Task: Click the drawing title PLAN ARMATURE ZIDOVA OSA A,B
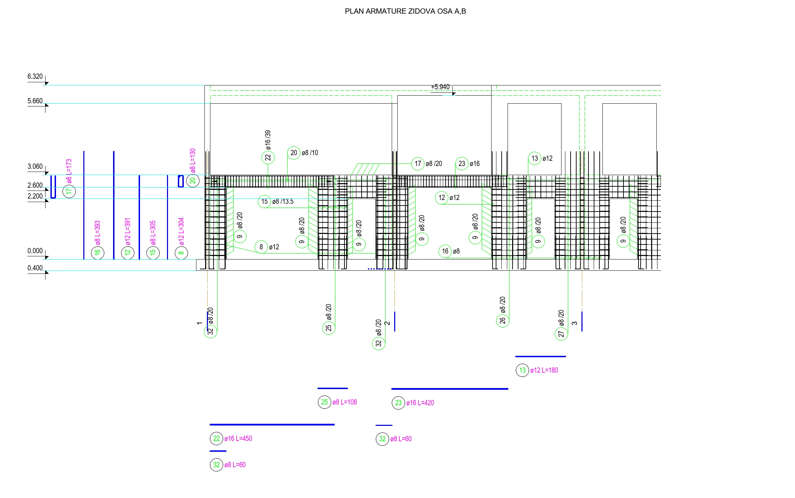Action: pyautogui.click(x=405, y=11)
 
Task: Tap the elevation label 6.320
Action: pyautogui.click(x=35, y=77)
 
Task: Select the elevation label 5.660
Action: pyautogui.click(x=35, y=101)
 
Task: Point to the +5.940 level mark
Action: pyautogui.click(x=440, y=87)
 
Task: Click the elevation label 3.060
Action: pyautogui.click(x=35, y=167)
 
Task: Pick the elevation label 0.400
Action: pyautogui.click(x=35, y=268)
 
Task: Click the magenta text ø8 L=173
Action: pyautogui.click(x=69, y=171)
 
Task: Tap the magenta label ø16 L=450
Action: pyautogui.click(x=238, y=438)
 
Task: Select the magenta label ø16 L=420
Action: pyautogui.click(x=420, y=403)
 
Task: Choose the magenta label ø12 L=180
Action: pyautogui.click(x=544, y=370)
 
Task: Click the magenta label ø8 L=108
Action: pyautogui.click(x=344, y=402)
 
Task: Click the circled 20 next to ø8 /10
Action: pyautogui.click(x=294, y=153)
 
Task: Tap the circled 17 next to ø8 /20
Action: pyautogui.click(x=418, y=164)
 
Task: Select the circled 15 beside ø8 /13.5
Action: pyautogui.click(x=264, y=202)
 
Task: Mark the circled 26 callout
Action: pyautogui.click(x=503, y=320)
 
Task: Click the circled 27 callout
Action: pyautogui.click(x=561, y=334)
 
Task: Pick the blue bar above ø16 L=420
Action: pyautogui.click(x=449, y=389)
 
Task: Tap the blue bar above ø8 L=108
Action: pyautogui.click(x=333, y=388)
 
